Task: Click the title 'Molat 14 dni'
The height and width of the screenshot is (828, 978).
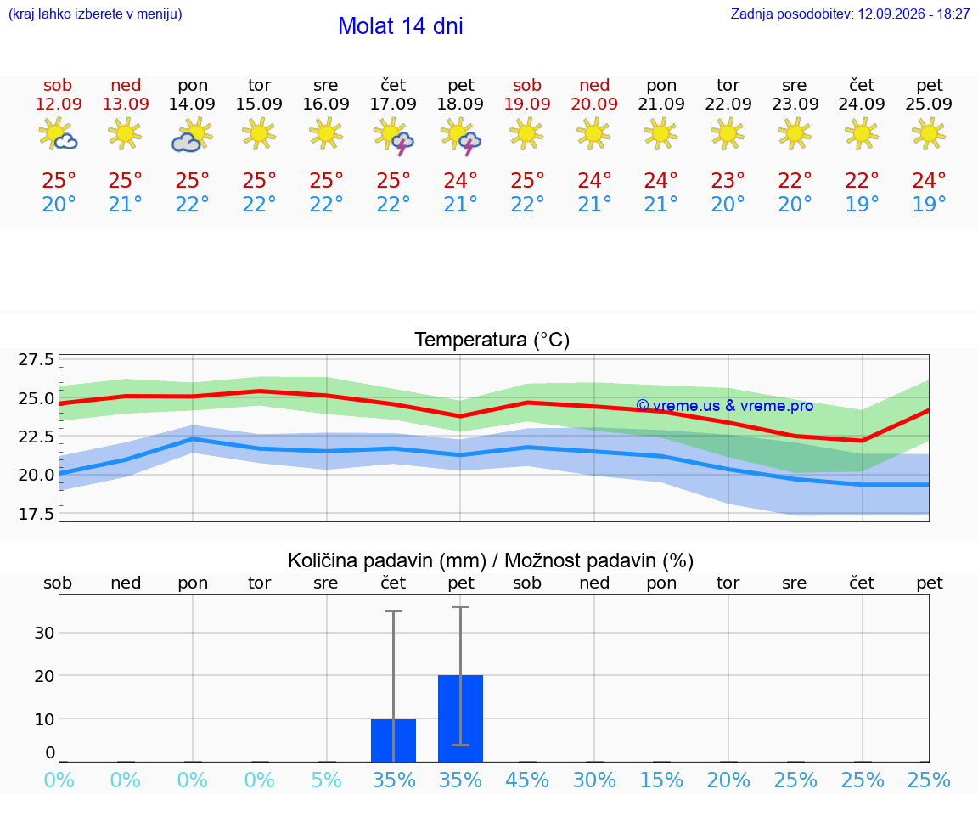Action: pyautogui.click(x=401, y=26)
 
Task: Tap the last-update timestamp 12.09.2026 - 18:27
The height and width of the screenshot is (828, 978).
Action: pyautogui.click(x=913, y=14)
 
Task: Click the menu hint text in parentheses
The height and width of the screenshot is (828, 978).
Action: pyautogui.click(x=95, y=14)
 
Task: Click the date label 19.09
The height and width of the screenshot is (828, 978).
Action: pyautogui.click(x=527, y=104)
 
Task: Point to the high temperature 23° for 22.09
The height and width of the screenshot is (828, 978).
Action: pyautogui.click(x=728, y=180)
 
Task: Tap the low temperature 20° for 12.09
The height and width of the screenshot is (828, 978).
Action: pyautogui.click(x=59, y=204)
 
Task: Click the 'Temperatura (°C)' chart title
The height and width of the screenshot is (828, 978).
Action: pyautogui.click(x=492, y=340)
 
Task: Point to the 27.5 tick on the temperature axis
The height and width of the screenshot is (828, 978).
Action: pyautogui.click(x=37, y=359)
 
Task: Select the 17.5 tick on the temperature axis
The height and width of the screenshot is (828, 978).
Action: pyautogui.click(x=37, y=514)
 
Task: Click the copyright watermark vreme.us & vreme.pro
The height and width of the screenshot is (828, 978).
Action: pyautogui.click(x=725, y=406)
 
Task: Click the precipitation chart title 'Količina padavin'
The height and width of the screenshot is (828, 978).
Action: pyautogui.click(x=387, y=560)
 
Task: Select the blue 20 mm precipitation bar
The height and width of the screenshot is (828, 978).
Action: pyautogui.click(x=460, y=718)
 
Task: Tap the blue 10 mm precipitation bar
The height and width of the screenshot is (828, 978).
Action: pyautogui.click(x=394, y=741)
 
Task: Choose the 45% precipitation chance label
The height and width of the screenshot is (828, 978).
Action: pyautogui.click(x=527, y=780)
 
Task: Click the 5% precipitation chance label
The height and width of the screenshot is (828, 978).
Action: pyautogui.click(x=326, y=780)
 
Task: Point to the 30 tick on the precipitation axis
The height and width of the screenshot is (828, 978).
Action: pyautogui.click(x=44, y=633)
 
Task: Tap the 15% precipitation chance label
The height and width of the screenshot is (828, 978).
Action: pyautogui.click(x=661, y=780)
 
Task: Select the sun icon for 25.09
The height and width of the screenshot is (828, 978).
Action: pyautogui.click(x=929, y=134)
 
